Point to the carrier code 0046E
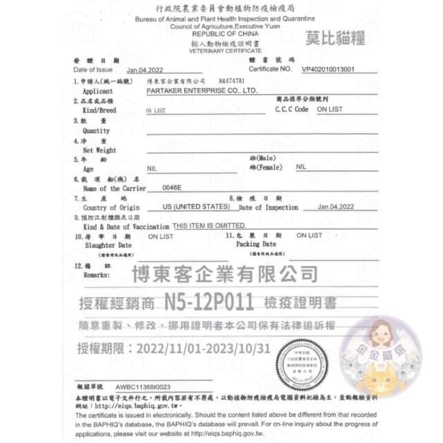click(172, 187)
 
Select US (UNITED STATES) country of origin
click(196, 207)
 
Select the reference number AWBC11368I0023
click(143, 386)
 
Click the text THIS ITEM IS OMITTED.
click(209, 226)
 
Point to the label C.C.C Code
click(291, 109)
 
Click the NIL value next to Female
click(300, 167)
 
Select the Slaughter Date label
click(107, 245)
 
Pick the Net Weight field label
click(100, 150)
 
